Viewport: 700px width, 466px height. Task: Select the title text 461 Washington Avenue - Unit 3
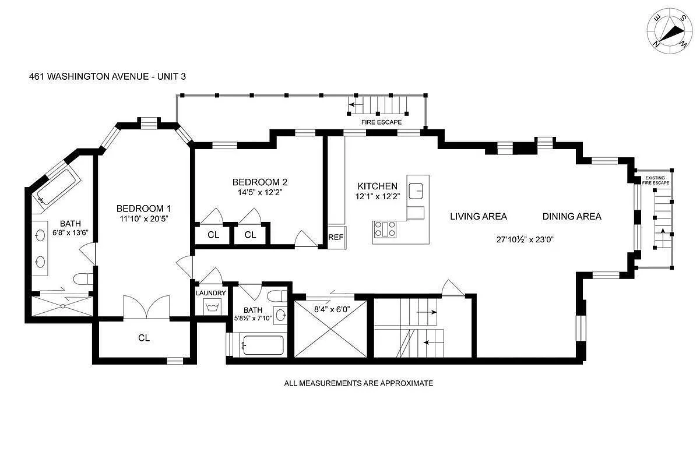(x=107, y=76)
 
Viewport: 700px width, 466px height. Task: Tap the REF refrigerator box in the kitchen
(x=335, y=237)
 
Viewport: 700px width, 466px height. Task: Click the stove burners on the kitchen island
(x=385, y=230)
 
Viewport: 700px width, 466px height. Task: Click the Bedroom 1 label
(x=143, y=209)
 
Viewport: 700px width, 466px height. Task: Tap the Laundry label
(x=210, y=293)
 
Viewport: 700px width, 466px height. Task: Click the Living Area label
(x=478, y=217)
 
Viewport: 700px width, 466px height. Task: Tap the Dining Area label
(x=571, y=217)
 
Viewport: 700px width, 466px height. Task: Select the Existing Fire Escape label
(x=656, y=180)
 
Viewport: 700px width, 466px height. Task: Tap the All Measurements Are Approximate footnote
(x=358, y=383)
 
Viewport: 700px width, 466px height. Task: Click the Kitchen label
(x=377, y=186)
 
